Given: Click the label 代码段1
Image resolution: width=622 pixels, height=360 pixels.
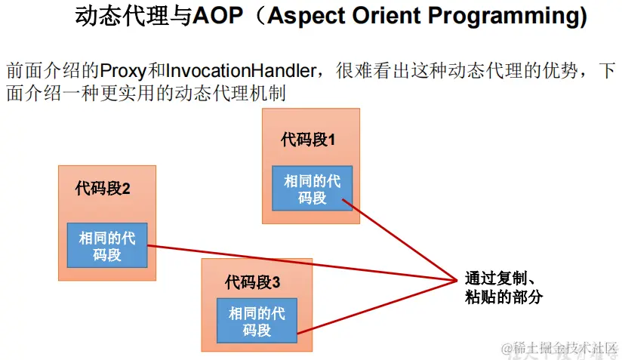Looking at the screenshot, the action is point(308,140).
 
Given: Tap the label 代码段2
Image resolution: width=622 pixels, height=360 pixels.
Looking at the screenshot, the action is point(103,189).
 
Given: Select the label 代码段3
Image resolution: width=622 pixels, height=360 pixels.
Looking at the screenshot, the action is point(252,282).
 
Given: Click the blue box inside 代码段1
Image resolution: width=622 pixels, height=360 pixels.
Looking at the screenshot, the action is point(313,189).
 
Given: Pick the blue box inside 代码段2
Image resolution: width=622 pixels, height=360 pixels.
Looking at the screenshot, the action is point(107,245).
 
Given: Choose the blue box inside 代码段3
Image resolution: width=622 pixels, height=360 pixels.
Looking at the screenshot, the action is point(257,320).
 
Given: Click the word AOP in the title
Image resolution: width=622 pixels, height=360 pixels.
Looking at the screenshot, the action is point(217,16).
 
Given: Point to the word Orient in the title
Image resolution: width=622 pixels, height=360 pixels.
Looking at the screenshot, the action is point(386,16).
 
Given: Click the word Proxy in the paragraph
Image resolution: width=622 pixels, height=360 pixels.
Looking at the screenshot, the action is point(123,71).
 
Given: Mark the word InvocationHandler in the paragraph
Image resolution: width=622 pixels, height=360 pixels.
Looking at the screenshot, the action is point(241,71).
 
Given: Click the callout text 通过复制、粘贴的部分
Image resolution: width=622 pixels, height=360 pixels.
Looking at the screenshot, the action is point(503,287).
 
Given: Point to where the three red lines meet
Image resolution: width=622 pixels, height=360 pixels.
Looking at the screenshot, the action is point(457,281).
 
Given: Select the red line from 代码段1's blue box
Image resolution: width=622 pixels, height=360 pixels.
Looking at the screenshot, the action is point(400,240).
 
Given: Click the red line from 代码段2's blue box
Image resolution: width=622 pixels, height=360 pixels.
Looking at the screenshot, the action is point(302,263).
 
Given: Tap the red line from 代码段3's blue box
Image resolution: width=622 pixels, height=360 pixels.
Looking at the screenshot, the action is point(377,307).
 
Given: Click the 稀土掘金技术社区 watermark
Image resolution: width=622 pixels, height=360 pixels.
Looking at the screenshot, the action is point(559,349).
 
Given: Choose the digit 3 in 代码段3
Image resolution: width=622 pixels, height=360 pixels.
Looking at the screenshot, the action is point(276,283).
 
